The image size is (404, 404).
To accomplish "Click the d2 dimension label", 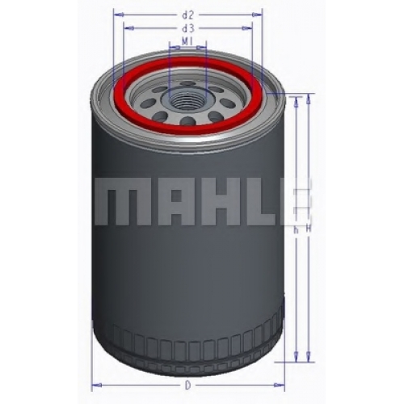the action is point(188,15).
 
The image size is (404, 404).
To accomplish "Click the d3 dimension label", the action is point(188,28).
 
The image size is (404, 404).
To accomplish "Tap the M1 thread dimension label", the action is point(187,41).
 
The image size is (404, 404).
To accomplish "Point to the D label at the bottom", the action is point(188,385).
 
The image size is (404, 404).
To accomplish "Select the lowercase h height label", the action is point(296,230).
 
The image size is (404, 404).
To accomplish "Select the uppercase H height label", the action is point(309,229).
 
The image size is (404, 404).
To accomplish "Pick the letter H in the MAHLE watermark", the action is point(221,201).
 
